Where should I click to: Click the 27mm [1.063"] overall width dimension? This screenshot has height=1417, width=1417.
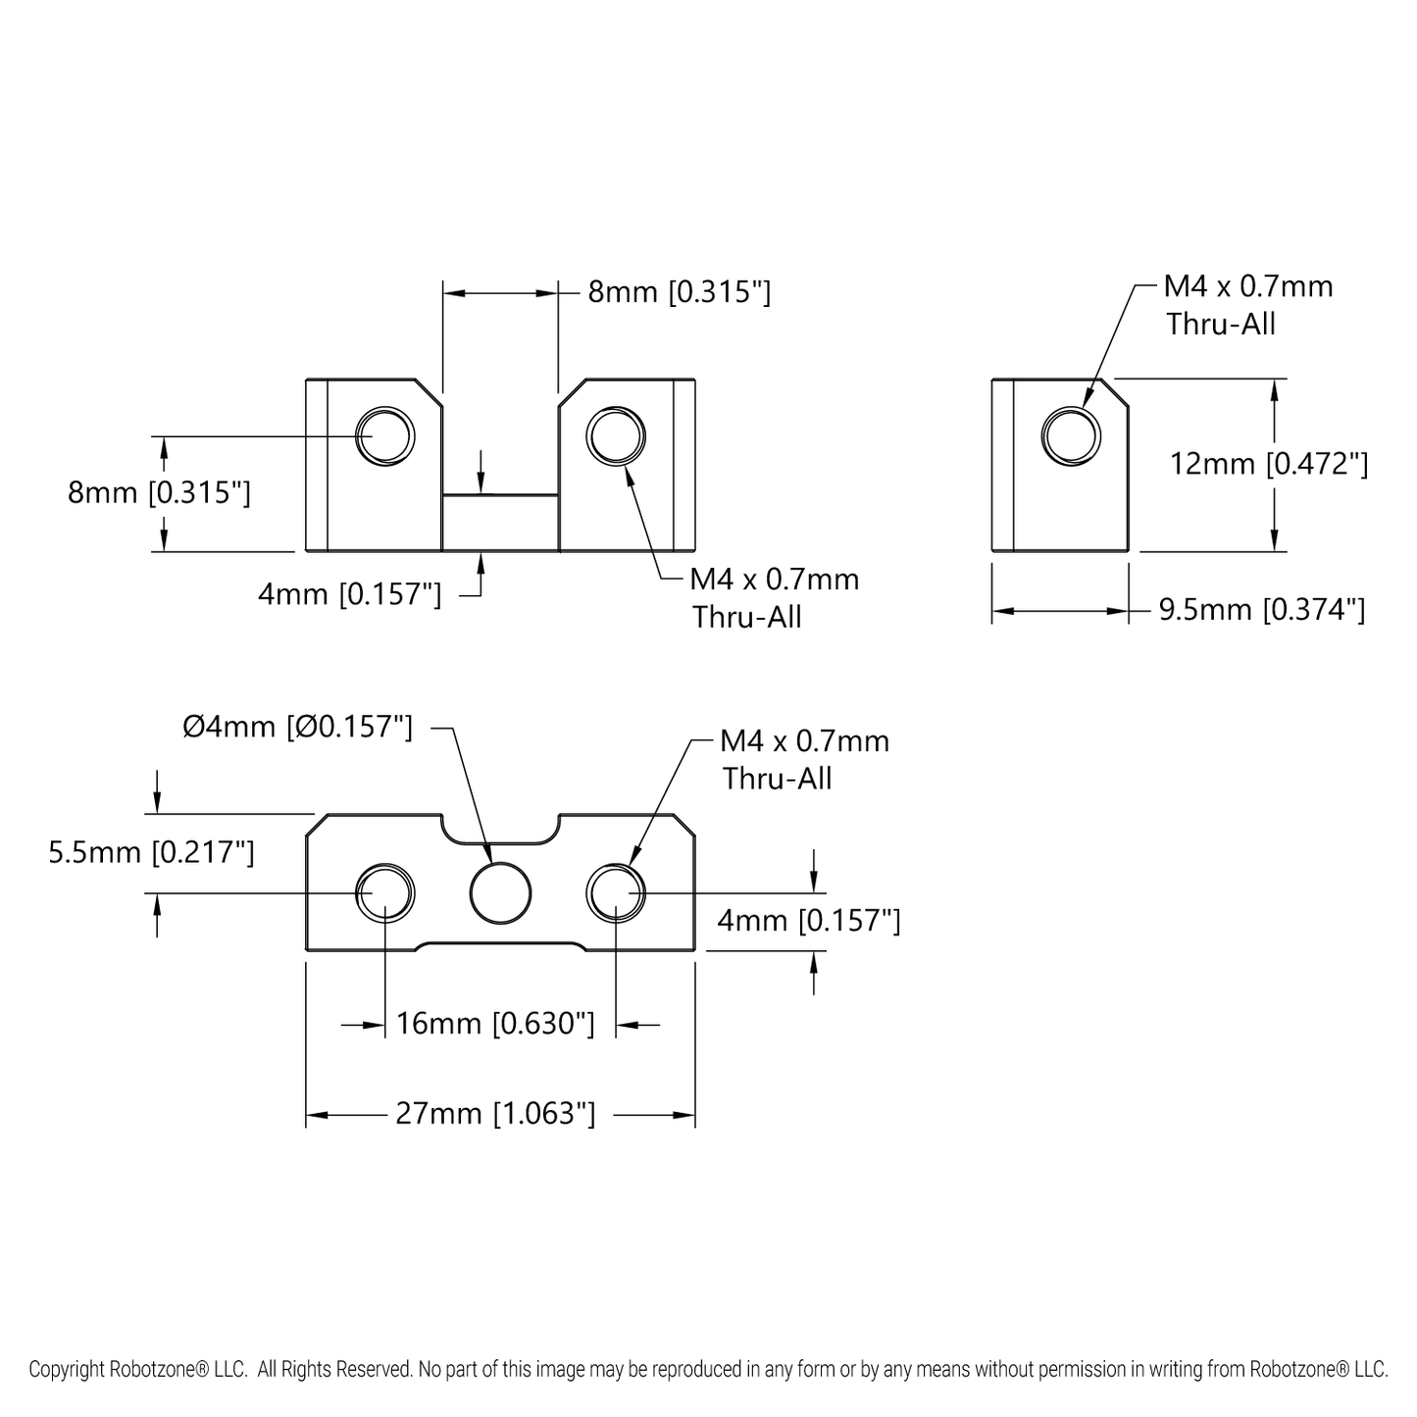[495, 1114]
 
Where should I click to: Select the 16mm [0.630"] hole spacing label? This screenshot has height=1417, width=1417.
[495, 1024]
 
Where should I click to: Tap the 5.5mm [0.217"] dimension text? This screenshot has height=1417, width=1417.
[151, 852]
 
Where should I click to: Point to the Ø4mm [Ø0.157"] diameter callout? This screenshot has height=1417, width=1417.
[297, 728]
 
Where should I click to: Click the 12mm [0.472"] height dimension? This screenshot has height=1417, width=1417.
[1268, 464]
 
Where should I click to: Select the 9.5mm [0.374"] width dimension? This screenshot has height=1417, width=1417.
[1261, 610]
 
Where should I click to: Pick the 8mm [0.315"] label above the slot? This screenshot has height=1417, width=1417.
[679, 292]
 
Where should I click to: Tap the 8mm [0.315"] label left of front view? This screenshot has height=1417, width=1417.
[159, 492]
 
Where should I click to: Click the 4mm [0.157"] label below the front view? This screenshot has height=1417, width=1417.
[349, 594]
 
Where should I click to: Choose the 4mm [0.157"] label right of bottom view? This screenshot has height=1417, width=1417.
[808, 921]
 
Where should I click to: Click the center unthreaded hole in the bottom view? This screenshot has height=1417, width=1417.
[500, 892]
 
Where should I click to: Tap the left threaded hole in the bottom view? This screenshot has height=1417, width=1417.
[385, 892]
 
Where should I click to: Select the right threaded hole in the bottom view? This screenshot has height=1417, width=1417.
[616, 892]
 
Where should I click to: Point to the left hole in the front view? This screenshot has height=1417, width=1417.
[385, 435]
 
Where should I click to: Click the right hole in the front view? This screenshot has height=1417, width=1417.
[616, 435]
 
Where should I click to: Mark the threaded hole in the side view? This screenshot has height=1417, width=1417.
[1071, 435]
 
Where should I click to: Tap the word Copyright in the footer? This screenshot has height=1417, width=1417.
[65, 1370]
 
